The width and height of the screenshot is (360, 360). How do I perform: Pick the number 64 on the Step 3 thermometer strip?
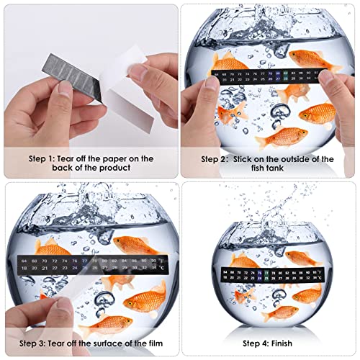click(24, 260)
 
